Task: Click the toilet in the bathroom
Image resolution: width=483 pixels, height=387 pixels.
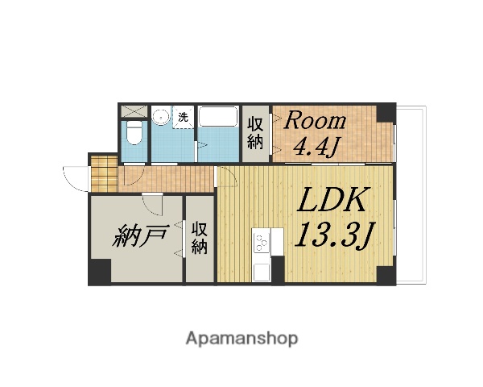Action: tap(134, 133)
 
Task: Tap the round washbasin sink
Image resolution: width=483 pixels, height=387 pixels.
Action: tap(161, 116)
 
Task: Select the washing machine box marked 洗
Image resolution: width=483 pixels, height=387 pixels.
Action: tap(184, 117)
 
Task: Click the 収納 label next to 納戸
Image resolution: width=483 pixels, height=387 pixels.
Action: tap(200, 238)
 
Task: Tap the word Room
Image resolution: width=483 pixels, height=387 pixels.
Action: tap(316, 122)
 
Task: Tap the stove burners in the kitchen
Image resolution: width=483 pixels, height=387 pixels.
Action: tap(262, 239)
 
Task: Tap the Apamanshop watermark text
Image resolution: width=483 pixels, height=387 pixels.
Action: tap(242, 338)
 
